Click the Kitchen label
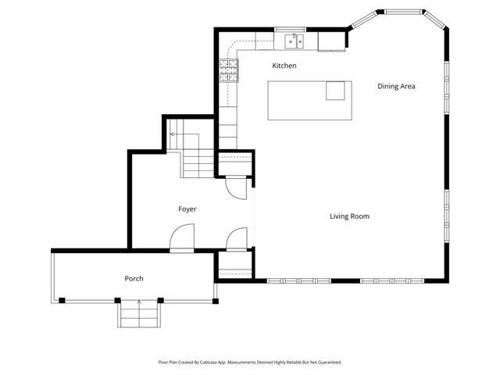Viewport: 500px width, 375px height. pyautogui.click(x=284, y=66)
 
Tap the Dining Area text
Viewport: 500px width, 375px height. pyautogui.click(x=395, y=86)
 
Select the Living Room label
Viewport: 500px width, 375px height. pyautogui.click(x=349, y=216)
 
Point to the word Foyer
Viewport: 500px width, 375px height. pyautogui.click(x=187, y=209)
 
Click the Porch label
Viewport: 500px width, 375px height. pyautogui.click(x=134, y=278)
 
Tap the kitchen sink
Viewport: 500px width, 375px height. pyautogui.click(x=295, y=39)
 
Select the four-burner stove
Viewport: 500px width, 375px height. pyautogui.click(x=228, y=72)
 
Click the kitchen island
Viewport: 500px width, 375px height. pyautogui.click(x=309, y=100)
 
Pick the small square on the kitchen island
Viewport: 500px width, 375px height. pyautogui.click(x=336, y=91)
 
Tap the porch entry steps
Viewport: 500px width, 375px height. pyautogui.click(x=139, y=315)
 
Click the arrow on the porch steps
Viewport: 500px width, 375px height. pyautogui.click(x=139, y=303)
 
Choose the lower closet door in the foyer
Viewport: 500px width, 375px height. pyautogui.click(x=236, y=240)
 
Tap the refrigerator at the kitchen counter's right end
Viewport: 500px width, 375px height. pyautogui.click(x=331, y=41)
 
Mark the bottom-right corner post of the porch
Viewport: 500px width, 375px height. pyautogui.click(x=214, y=300)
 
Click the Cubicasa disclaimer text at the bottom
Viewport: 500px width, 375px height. pyautogui.click(x=249, y=362)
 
